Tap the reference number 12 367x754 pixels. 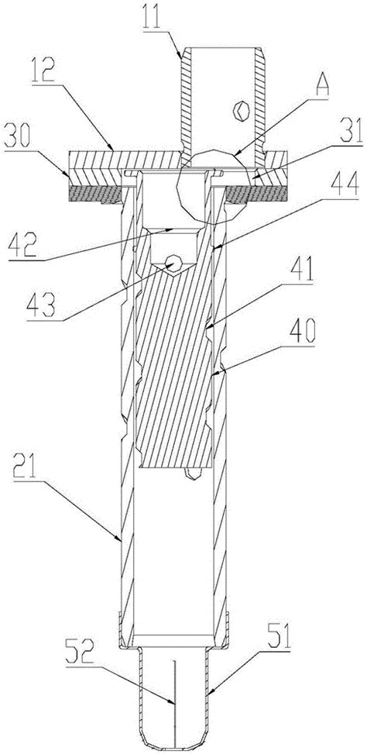point(43,70)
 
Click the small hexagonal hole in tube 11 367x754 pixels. point(240,111)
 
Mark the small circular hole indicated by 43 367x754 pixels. point(173,263)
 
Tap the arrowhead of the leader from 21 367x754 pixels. point(121,540)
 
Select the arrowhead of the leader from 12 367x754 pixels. point(110,148)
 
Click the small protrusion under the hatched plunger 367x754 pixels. point(192,473)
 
